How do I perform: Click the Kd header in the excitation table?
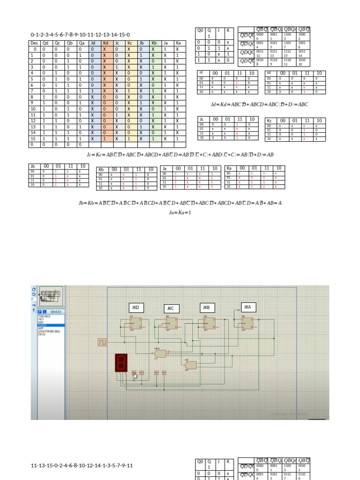point(105,43)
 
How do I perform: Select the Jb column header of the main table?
point(142,43)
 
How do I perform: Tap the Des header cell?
point(34,43)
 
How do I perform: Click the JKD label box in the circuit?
point(135,308)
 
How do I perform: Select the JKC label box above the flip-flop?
point(171,308)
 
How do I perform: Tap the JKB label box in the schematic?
point(205,307)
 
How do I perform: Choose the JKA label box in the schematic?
point(248,307)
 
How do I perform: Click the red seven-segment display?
point(121,363)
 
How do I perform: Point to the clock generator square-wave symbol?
point(102,343)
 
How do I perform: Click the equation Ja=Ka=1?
point(180,212)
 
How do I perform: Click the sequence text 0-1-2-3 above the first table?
point(80,35)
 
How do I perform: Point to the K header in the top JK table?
point(228,30)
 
